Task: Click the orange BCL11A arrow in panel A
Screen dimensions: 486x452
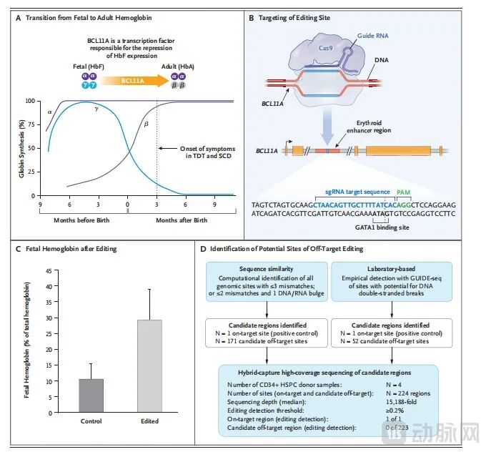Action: click(x=134, y=81)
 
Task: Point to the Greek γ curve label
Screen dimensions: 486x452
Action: click(x=96, y=109)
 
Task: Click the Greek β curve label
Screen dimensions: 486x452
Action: click(x=147, y=124)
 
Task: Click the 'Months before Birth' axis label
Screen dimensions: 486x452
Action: click(x=81, y=220)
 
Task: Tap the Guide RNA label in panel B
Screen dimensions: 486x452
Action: click(x=373, y=36)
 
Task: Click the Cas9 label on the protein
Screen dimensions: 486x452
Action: click(x=325, y=48)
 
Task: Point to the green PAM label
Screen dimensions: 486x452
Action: click(x=403, y=192)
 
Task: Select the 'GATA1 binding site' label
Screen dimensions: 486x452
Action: click(x=382, y=227)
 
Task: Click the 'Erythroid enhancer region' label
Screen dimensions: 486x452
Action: click(x=369, y=127)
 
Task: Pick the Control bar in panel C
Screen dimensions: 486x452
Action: click(x=91, y=395)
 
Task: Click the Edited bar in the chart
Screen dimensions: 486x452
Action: click(x=149, y=366)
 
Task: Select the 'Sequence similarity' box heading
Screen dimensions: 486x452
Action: click(x=267, y=269)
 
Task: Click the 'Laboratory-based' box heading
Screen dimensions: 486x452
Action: click(x=391, y=269)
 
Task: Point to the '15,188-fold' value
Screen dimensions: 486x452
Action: click(x=402, y=402)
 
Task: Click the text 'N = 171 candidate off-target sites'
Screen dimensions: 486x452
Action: click(x=262, y=341)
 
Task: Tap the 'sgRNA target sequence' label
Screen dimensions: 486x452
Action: click(x=357, y=192)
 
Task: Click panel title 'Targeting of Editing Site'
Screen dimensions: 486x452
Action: click(x=294, y=18)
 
